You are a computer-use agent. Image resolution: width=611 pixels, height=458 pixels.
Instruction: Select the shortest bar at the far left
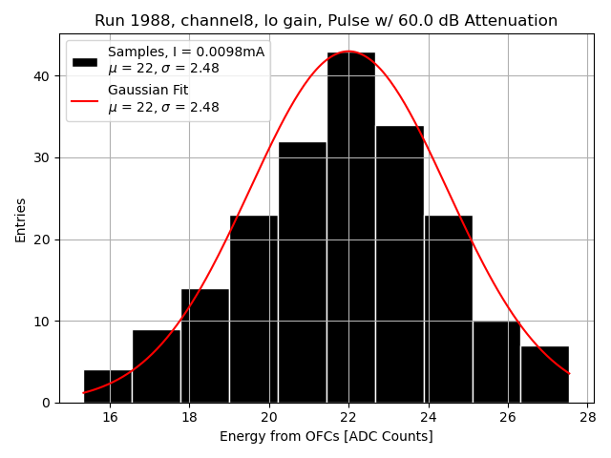tap(108, 385)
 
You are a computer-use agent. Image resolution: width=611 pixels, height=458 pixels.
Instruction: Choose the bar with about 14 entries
tap(205, 345)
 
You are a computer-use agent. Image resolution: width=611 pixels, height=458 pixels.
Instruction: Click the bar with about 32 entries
tap(303, 272)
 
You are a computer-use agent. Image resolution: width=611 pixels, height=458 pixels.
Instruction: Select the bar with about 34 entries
tap(400, 264)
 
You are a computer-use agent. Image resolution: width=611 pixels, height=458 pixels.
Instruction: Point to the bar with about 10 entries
tap(496, 362)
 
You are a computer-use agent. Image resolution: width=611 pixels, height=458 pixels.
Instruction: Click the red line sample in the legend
tap(85, 98)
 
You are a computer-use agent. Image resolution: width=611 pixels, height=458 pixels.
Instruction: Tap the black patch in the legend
tap(85, 61)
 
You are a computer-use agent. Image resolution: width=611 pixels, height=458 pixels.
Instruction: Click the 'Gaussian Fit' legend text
tap(148, 90)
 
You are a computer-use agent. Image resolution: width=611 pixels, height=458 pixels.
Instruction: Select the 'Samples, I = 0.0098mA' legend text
tap(186, 52)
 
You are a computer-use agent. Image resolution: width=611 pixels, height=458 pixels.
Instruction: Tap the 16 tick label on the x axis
tap(110, 417)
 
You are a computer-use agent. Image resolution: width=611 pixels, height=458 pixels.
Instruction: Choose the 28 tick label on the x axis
tap(587, 417)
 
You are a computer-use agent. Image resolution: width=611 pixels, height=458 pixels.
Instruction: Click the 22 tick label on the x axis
tap(348, 417)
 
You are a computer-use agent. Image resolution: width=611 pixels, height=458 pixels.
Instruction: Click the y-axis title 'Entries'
tap(21, 219)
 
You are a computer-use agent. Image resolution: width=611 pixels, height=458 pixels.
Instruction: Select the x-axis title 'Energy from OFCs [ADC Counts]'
tap(326, 437)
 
